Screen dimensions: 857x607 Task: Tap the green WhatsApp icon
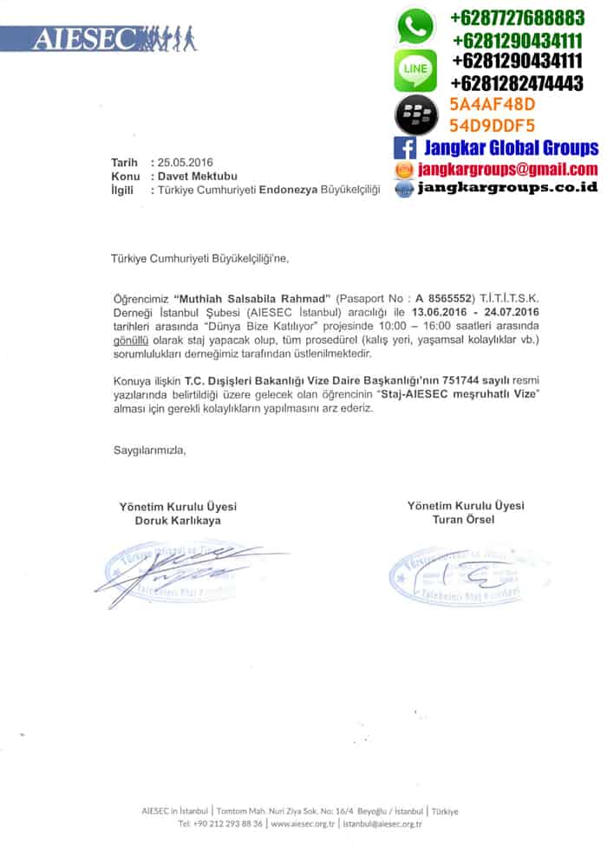click(x=415, y=27)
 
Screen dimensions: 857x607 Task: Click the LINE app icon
click(x=415, y=70)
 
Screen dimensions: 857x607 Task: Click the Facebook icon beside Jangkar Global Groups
click(x=405, y=148)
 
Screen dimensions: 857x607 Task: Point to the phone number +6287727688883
click(x=518, y=17)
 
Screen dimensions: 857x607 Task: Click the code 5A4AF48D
click(x=492, y=105)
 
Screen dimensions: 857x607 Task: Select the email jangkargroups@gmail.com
click(x=507, y=169)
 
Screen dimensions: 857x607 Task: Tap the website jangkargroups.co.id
click(x=507, y=187)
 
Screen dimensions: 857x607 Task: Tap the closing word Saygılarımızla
click(x=149, y=450)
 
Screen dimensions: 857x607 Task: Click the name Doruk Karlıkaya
click(x=177, y=521)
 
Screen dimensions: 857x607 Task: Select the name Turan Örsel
click(x=465, y=519)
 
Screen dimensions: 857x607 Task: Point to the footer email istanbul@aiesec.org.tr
click(x=382, y=824)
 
